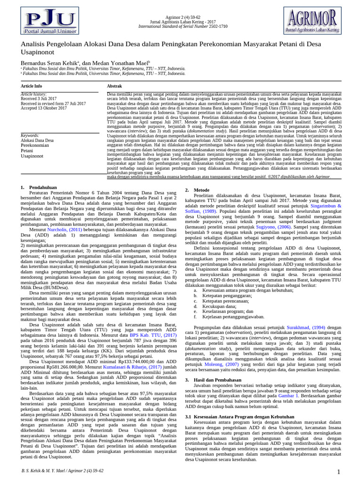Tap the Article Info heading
pos(32,86)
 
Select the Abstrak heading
pos(115,86)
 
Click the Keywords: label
pos(31,135)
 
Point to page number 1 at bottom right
pos(338,472)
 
